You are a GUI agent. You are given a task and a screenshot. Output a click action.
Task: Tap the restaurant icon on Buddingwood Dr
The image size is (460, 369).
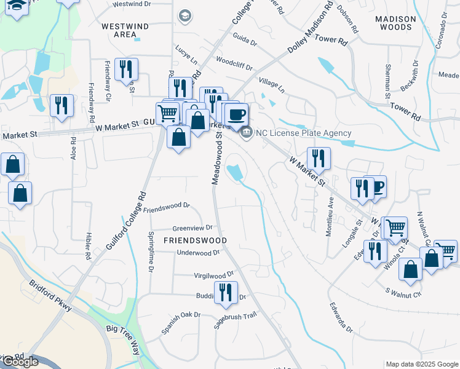point(226,293)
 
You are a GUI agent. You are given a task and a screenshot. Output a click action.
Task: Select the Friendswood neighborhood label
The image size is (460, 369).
point(195,240)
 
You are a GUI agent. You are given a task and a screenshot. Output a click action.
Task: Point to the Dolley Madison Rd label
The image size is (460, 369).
point(311,30)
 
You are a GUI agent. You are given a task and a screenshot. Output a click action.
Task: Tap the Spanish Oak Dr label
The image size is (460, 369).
point(181,323)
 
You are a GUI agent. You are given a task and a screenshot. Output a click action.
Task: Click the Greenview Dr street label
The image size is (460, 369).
point(192,227)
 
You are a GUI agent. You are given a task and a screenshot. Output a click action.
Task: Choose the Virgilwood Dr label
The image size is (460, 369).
point(215,276)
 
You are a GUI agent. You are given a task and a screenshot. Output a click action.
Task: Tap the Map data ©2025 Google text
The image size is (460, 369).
point(421,364)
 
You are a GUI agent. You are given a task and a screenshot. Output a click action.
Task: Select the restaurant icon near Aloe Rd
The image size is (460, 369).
point(62,105)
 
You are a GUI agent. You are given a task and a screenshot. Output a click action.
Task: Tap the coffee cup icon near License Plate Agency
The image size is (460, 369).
point(236,114)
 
